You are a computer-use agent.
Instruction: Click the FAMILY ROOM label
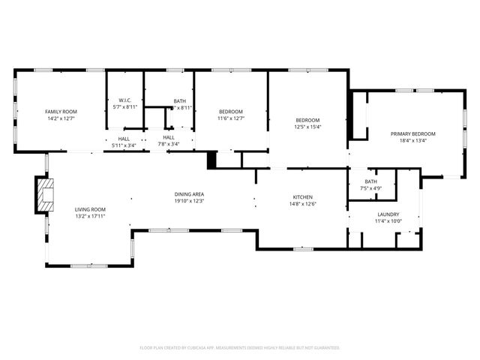coord(60,111)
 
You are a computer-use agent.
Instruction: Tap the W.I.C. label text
coord(125,100)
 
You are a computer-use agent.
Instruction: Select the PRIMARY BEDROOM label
coord(412,133)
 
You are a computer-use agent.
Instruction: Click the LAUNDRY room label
coord(388,214)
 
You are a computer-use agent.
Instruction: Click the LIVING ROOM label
coord(89,209)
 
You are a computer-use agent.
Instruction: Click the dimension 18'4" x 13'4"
coord(412,140)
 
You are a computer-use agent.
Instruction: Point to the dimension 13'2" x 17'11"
coord(89,216)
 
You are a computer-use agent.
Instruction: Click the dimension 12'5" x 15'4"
coord(307,127)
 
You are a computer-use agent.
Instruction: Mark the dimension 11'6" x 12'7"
coord(231,118)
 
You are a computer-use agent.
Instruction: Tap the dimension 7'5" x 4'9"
coord(371,187)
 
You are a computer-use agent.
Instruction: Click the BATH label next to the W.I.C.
coord(180,100)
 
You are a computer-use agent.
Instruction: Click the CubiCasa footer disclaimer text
coord(240,348)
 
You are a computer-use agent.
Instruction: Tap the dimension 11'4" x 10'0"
coord(388,220)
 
